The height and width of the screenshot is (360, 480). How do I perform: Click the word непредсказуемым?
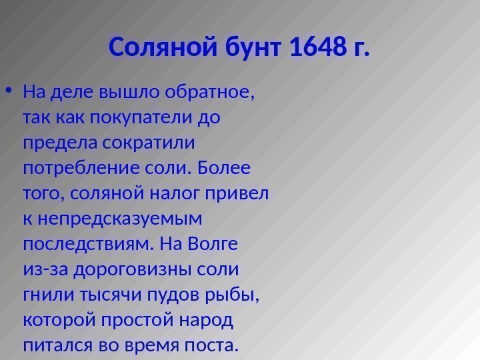(x=117, y=219)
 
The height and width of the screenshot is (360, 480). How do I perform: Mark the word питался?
(x=55, y=346)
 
